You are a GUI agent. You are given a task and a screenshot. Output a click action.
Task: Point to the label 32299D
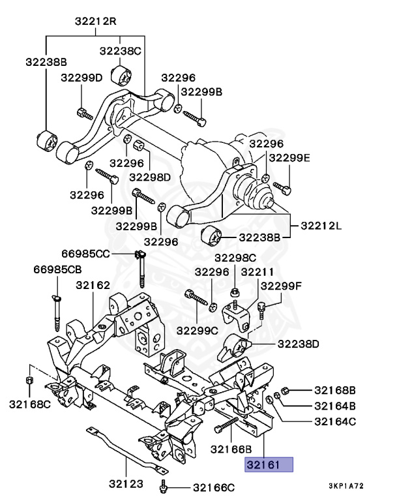point(81,78)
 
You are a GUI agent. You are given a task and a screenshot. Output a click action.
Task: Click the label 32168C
point(29,404)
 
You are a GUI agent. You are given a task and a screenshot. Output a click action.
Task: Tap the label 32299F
point(282,286)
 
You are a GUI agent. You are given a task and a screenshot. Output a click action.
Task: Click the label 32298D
point(150,176)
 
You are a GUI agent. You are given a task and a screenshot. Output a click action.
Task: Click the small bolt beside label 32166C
point(165,486)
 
